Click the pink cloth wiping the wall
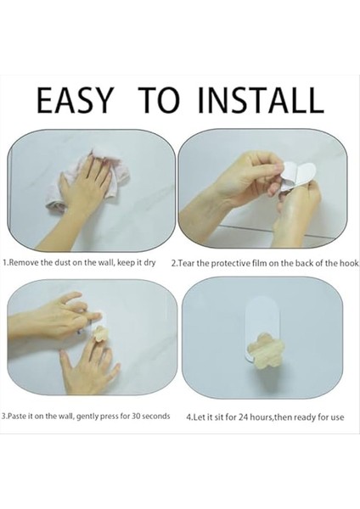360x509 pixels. [x=87, y=181]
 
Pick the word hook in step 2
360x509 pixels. [x=351, y=263]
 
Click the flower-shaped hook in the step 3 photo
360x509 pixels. [x=101, y=335]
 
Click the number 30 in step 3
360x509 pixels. [x=136, y=416]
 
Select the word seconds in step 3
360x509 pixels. [x=155, y=416]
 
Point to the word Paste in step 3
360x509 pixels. [x=15, y=416]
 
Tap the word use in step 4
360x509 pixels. [x=338, y=417]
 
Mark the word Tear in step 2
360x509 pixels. [x=187, y=263]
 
